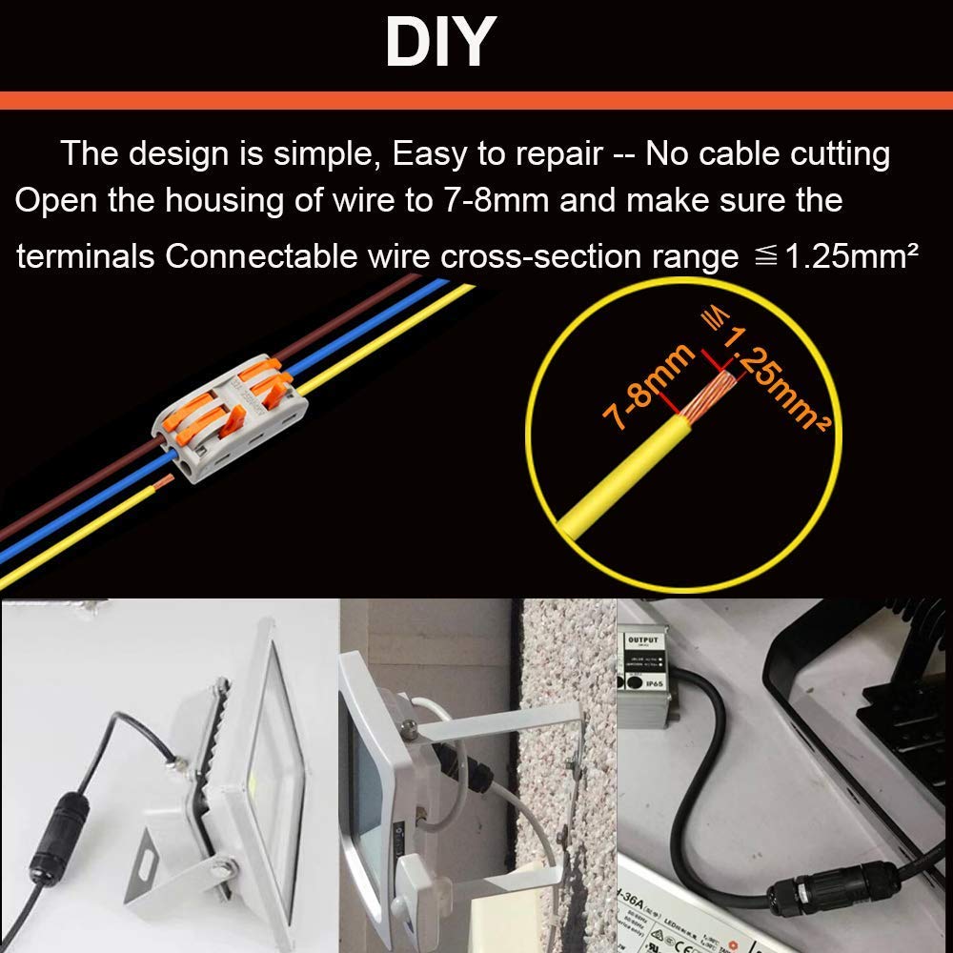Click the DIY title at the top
(x=440, y=43)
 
